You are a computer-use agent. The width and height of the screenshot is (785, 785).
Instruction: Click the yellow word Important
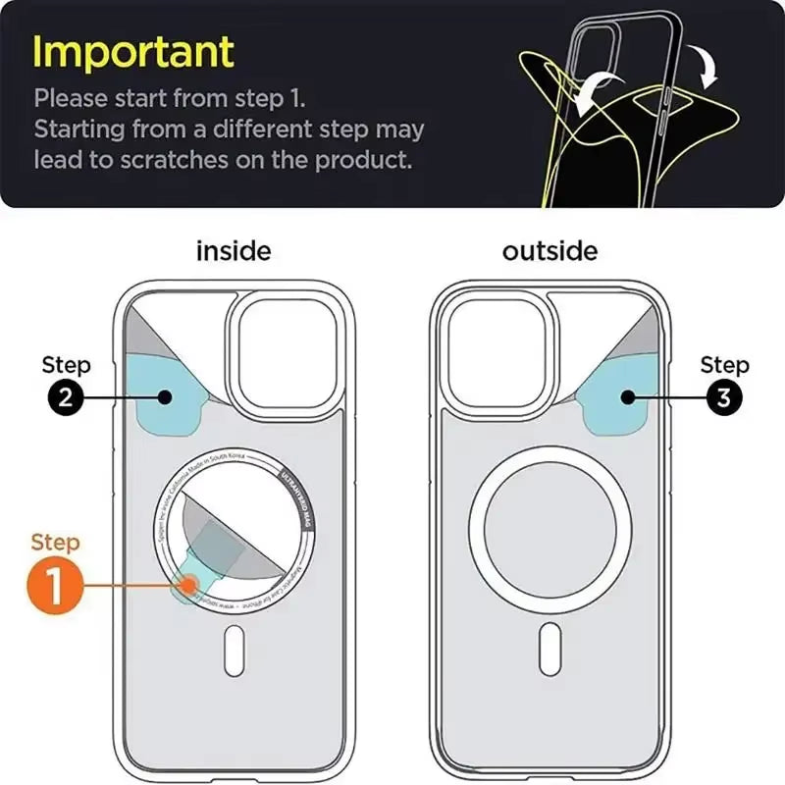point(133,51)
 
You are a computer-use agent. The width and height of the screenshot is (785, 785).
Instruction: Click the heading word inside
point(234,251)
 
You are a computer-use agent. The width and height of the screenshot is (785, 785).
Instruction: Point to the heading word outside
point(549,251)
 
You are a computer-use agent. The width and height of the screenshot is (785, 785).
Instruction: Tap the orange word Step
point(55,543)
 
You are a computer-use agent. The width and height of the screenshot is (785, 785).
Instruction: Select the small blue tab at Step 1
point(188,585)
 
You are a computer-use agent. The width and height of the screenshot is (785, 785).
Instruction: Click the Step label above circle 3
point(724,365)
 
